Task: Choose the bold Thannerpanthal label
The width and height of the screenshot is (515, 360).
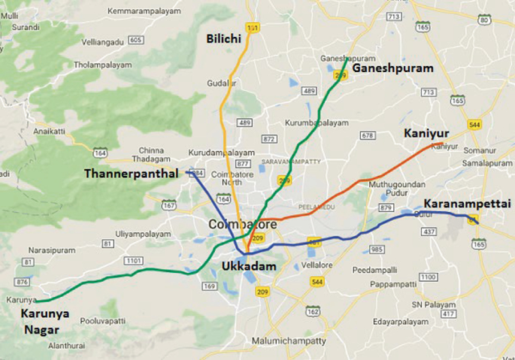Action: tap(131, 173)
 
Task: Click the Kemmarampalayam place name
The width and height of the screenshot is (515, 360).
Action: tap(146, 12)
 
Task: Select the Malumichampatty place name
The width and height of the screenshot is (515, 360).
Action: tap(288, 340)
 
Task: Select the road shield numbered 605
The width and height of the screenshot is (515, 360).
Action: tap(136, 40)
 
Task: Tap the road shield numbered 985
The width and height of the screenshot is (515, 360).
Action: tap(378, 249)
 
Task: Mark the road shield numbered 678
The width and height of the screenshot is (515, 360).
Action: tap(367, 135)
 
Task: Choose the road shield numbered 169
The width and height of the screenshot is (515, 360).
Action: tap(210, 286)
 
